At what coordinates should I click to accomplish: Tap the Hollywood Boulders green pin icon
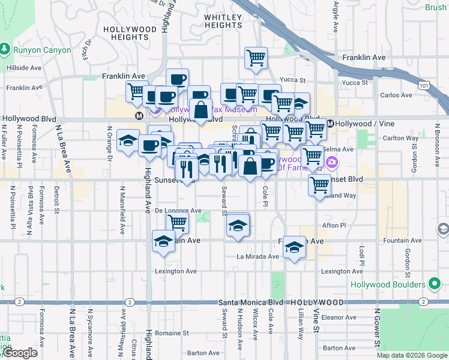coord(435,284)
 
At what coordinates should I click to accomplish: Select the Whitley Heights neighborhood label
coord(223,21)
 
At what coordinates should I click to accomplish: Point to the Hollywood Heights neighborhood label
coord(130,33)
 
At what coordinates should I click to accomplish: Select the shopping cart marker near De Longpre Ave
coord(178,222)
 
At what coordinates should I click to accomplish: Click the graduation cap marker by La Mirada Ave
coord(294,247)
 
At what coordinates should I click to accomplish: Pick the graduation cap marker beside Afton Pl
coord(238,226)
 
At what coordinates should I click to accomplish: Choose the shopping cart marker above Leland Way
coord(320,185)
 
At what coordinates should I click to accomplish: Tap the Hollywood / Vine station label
coord(360,124)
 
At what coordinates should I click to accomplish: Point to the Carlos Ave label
coord(396,95)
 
